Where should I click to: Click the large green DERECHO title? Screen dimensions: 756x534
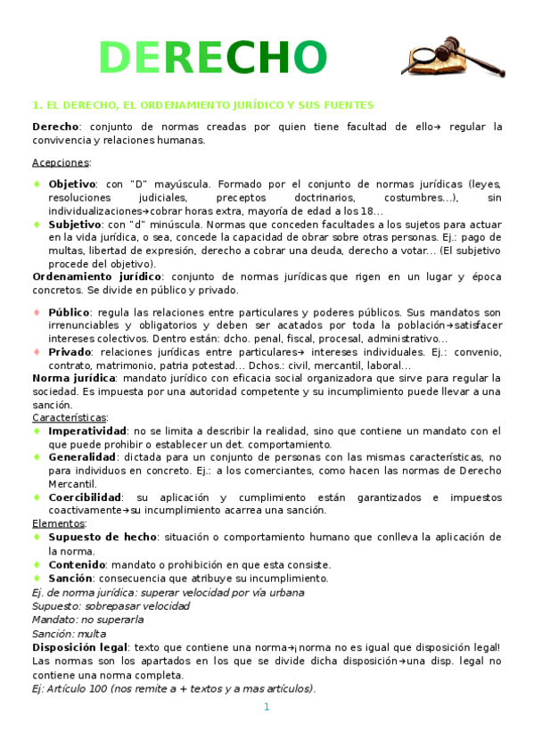point(213,58)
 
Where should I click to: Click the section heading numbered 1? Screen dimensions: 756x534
point(202,104)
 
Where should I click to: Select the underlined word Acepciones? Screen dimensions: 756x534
point(61,161)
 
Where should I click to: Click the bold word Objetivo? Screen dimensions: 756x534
point(72,184)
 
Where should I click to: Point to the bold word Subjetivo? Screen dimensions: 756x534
point(75,225)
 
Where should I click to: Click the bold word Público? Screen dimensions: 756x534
point(70,312)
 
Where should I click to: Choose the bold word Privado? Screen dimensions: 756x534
point(70,352)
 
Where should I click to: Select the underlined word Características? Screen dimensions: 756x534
point(70,417)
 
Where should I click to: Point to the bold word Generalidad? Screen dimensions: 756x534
point(86,456)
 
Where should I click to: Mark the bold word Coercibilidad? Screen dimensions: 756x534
point(86,497)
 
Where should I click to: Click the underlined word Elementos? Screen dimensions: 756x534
point(58,523)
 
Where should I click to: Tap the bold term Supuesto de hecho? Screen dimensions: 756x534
point(103,537)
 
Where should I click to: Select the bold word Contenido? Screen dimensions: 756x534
point(77,564)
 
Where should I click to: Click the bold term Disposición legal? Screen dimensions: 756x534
point(79,646)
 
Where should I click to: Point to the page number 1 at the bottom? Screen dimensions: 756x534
point(266,707)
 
